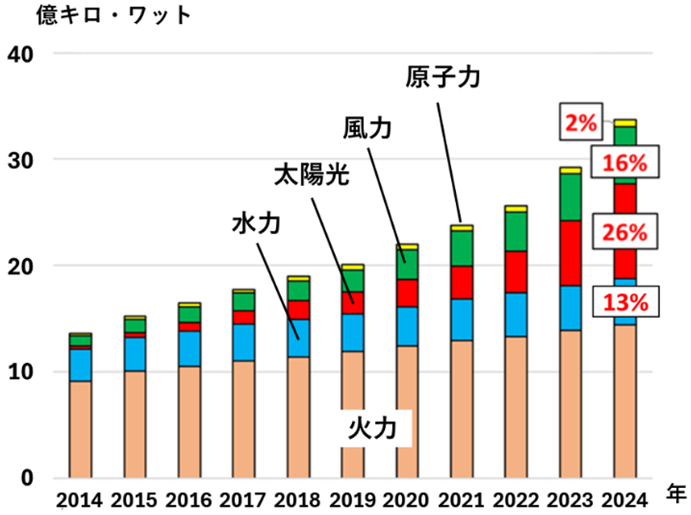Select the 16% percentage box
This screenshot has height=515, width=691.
click(625, 163)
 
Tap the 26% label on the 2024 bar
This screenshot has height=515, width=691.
click(625, 233)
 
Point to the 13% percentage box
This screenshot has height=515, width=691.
click(625, 301)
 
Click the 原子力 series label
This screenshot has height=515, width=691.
click(441, 79)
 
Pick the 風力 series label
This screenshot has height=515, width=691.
click(368, 129)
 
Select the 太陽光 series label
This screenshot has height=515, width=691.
click(311, 176)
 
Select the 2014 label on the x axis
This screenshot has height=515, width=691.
click(80, 499)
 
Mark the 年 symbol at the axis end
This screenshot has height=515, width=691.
click(675, 493)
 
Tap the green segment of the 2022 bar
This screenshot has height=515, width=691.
click(516, 231)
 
